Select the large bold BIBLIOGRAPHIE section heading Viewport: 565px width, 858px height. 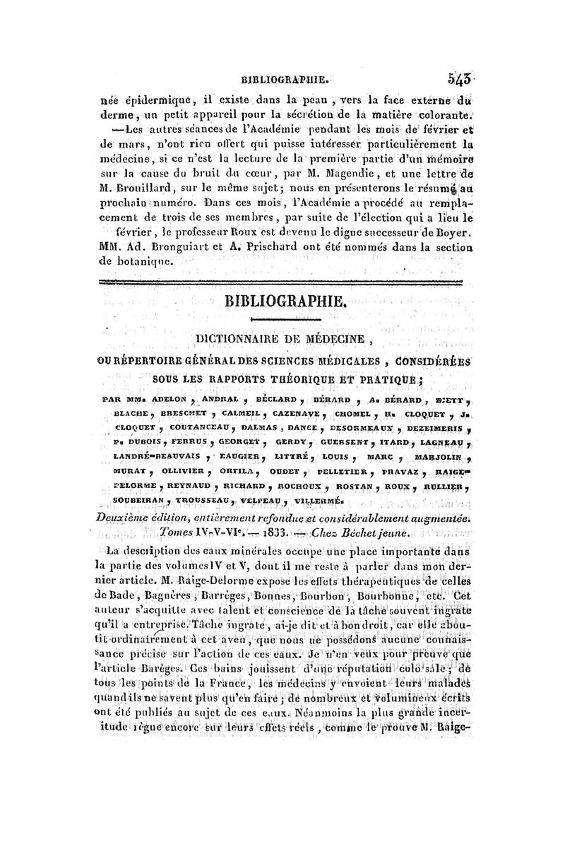point(285,303)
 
